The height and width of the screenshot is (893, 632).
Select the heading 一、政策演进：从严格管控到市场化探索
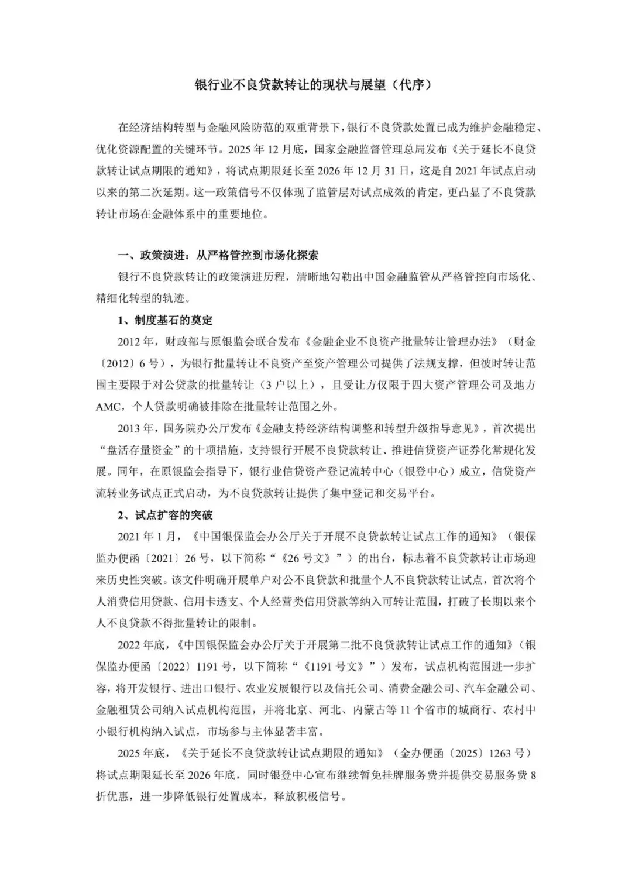click(218, 255)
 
